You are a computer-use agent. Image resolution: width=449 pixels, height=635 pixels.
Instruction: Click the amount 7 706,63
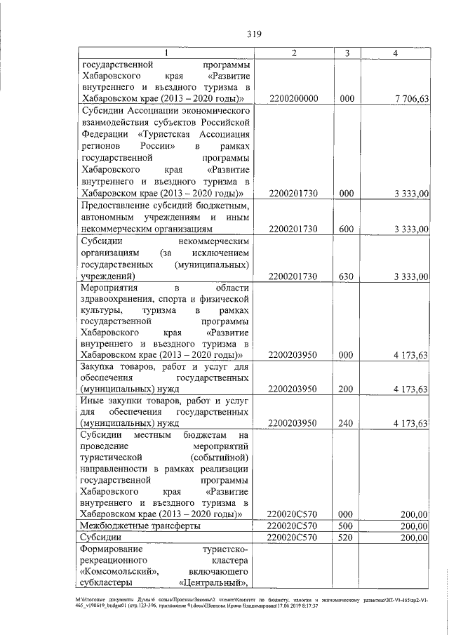[x=410, y=99]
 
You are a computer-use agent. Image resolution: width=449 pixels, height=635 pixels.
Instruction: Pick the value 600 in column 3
[x=346, y=229]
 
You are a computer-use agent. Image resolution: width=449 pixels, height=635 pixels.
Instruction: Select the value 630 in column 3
[x=346, y=276]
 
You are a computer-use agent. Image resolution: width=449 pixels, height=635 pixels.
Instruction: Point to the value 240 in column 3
[x=346, y=423]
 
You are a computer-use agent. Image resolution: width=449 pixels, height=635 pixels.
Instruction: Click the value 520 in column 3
[x=346, y=537]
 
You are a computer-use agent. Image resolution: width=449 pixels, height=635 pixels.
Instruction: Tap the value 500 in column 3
[x=346, y=526]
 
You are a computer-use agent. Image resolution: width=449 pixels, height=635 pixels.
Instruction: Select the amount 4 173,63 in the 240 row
[x=410, y=423]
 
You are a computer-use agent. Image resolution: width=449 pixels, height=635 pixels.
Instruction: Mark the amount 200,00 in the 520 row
[x=414, y=537]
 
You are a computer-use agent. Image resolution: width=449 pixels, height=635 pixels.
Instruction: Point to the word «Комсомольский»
[x=112, y=572]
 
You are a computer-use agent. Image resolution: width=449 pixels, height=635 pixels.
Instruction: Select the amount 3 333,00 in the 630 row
[x=410, y=276]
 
